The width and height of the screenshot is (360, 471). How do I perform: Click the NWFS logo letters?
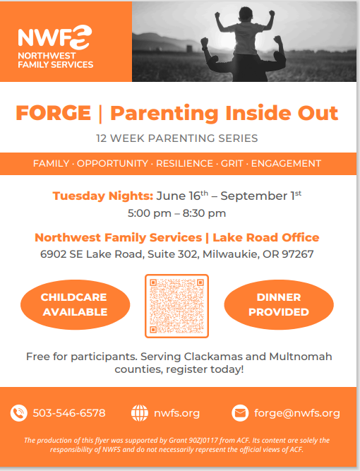54,37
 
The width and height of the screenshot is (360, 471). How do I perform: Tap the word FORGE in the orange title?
54,113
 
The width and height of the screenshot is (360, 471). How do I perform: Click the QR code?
177,306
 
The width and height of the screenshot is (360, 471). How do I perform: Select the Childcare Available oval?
75,304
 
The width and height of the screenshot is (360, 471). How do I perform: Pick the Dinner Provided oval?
279,304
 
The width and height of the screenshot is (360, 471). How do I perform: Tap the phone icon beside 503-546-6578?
18,413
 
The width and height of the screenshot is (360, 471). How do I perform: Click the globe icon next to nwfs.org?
140,413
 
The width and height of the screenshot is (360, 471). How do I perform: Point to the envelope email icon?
240,413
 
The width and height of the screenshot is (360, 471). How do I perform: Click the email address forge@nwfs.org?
297,413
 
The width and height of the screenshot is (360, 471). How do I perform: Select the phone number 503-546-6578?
69,413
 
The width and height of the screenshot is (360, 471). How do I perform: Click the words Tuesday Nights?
103,196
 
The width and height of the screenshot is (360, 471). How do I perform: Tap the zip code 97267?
298,254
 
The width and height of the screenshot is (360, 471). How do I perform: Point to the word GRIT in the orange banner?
232,163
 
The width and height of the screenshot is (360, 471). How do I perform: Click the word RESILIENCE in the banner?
184,163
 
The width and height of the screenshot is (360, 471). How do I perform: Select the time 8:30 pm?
204,213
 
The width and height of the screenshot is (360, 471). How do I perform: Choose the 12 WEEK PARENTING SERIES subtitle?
177,138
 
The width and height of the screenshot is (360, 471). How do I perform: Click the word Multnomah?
301,357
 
